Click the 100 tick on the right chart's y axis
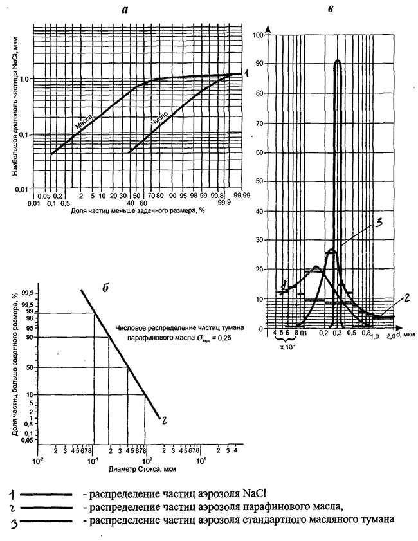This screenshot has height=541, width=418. (x=259, y=35)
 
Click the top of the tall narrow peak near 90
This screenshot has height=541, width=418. (x=338, y=61)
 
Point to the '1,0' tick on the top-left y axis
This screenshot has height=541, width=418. (x=22, y=78)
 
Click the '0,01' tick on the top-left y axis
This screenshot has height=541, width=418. (x=21, y=188)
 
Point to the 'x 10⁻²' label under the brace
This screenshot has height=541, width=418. (x=287, y=347)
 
